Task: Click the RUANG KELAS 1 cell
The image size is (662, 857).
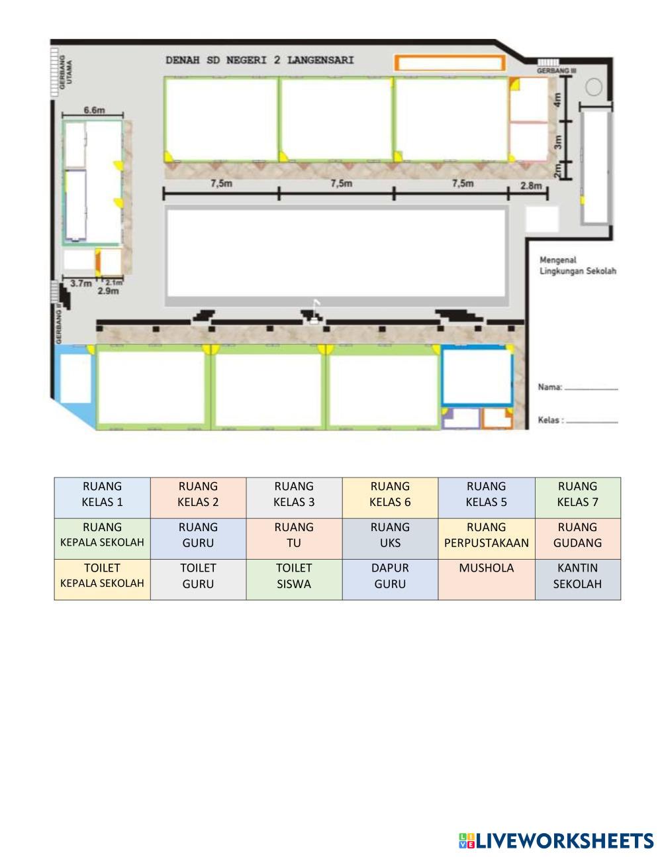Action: point(102,497)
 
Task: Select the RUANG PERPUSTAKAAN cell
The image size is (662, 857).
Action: point(487,538)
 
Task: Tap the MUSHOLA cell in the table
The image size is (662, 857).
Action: point(487,580)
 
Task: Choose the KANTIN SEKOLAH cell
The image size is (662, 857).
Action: point(578,580)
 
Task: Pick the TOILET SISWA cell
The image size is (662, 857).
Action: point(294,580)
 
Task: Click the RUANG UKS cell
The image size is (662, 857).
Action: point(390,538)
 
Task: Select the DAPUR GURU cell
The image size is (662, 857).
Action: point(390,580)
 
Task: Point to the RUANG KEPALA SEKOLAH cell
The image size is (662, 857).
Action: point(102,538)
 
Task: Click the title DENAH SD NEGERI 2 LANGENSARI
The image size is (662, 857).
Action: point(260,60)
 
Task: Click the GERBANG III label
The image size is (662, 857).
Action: point(556,71)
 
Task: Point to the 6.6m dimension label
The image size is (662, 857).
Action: point(94,110)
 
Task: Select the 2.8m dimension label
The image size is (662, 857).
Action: point(531,185)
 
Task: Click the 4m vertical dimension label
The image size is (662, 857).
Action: point(557,100)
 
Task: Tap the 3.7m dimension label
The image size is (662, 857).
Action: point(81,283)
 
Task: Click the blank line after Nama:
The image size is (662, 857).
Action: point(591,389)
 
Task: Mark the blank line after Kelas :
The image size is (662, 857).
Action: point(592,422)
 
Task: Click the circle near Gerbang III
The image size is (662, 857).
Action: point(593,87)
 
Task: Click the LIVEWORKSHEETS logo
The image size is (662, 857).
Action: point(556,840)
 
